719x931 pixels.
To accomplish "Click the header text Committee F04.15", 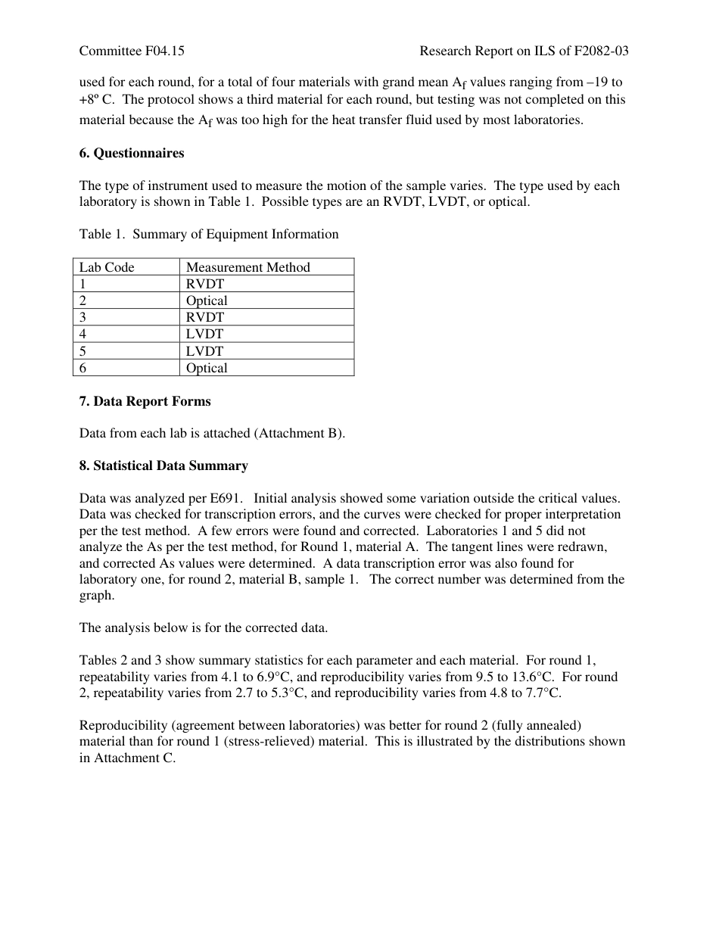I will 132,51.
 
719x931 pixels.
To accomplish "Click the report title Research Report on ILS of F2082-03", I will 524,51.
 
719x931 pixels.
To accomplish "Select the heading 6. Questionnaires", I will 132,154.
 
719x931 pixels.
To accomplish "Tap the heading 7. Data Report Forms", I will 145,402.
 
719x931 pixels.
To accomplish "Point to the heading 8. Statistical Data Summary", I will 163,466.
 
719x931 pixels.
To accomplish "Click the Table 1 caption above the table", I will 209,235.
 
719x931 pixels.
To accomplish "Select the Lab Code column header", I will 107,267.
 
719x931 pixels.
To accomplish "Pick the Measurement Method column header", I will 248,267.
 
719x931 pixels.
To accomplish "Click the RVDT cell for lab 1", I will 205,284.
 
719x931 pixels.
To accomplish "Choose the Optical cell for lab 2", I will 207,300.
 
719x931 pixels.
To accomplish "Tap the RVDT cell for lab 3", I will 205,317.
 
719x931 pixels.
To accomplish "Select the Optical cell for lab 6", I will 207,368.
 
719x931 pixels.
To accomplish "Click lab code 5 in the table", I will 83,351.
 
